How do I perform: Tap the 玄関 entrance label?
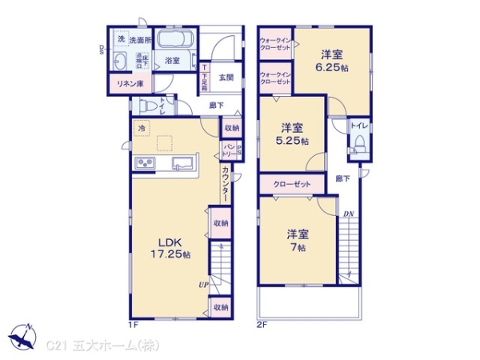click(x=225, y=78)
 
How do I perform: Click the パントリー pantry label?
click(x=228, y=150)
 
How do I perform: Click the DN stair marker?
click(x=349, y=215)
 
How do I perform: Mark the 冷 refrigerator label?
click(x=142, y=128)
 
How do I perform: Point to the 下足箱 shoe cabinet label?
click(x=205, y=78)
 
